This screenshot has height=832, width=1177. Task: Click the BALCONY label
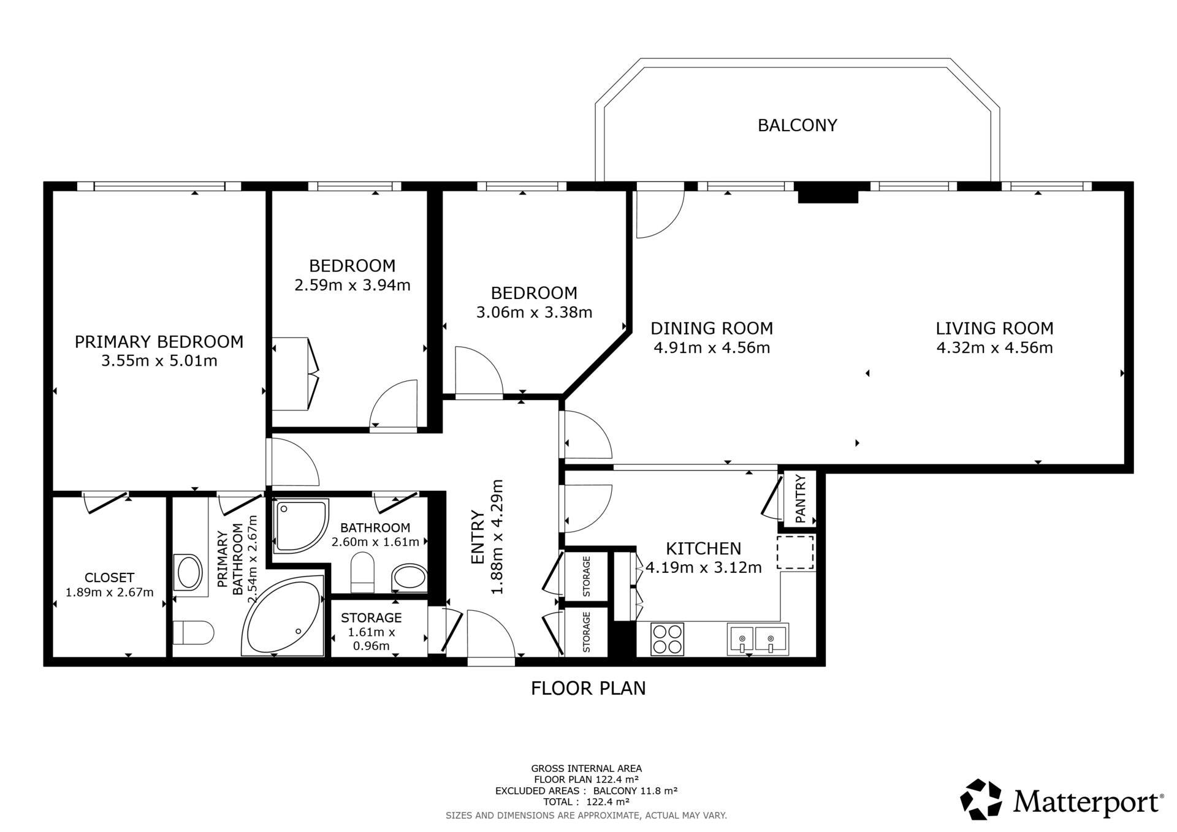coord(797,125)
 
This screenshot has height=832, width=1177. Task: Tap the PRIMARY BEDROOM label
coord(159,341)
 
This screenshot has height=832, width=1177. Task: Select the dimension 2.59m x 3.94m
coord(352,285)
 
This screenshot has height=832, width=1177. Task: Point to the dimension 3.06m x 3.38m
coord(534,312)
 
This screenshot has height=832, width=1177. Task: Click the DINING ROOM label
coord(712,328)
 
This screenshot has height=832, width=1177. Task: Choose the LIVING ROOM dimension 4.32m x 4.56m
coord(994,348)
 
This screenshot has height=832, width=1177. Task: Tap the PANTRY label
coord(801,499)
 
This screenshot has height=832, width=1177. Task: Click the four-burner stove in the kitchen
coord(667,639)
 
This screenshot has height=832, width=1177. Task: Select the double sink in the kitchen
coord(758,639)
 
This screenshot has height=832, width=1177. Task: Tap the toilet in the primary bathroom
coord(193,632)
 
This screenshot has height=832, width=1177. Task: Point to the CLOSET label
coord(109,577)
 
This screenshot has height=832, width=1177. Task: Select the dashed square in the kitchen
coord(795,553)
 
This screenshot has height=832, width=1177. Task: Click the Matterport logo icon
coord(981,799)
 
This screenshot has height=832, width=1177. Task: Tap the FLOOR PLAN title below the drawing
coord(588,688)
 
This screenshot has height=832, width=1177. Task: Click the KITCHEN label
coord(704,548)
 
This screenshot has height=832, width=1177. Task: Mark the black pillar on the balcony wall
coord(828,193)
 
